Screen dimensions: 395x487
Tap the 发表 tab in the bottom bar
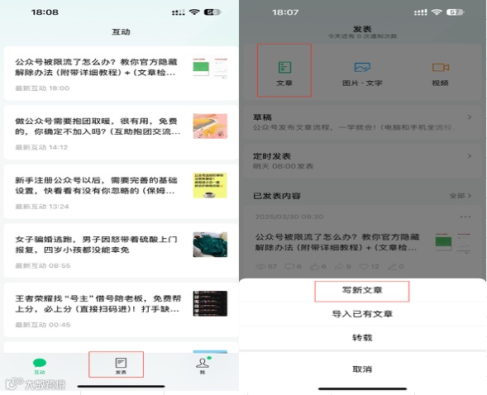tap(121, 365)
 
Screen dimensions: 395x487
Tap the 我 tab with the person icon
tap(201, 365)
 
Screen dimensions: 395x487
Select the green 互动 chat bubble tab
tap(40, 365)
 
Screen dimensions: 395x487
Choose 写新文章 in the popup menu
tap(361, 292)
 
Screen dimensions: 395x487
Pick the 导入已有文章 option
tap(361, 314)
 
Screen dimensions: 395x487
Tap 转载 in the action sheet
tap(361, 339)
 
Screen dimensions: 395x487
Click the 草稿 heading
tap(262, 117)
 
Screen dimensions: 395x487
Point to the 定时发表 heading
tap(272, 156)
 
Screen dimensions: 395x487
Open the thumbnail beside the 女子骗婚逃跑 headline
tap(209, 245)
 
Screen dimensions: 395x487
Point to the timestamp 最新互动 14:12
tap(42, 148)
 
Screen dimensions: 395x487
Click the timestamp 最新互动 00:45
tap(42, 324)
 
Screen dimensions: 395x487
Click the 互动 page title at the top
tap(121, 32)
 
